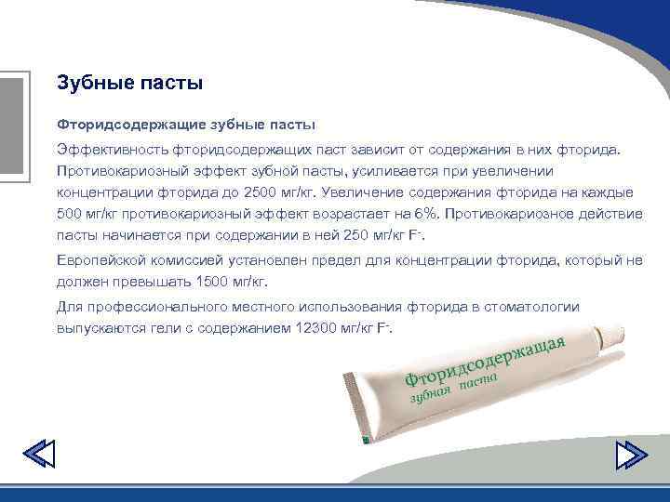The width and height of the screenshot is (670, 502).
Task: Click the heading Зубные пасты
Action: point(129,84)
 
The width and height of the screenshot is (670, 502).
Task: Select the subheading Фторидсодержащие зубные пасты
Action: point(187,124)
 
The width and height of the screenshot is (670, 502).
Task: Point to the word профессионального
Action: point(150,307)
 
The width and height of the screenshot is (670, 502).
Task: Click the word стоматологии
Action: point(536,307)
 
